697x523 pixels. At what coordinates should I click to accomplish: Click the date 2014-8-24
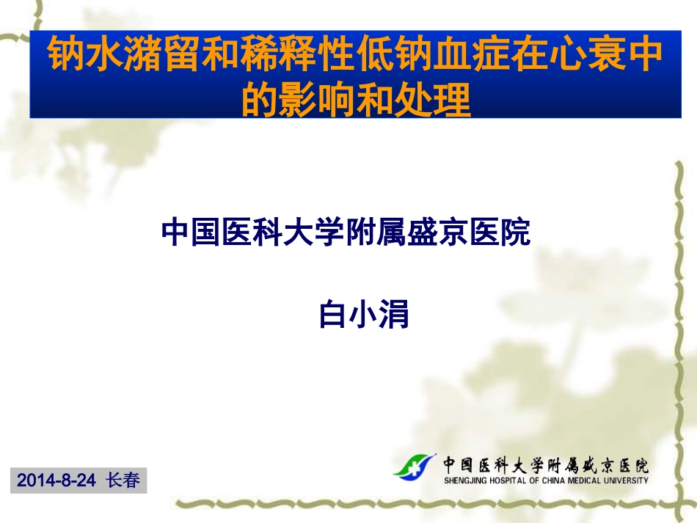click(56, 480)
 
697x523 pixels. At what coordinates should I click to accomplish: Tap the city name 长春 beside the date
click(122, 480)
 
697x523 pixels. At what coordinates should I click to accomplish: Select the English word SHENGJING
click(464, 481)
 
